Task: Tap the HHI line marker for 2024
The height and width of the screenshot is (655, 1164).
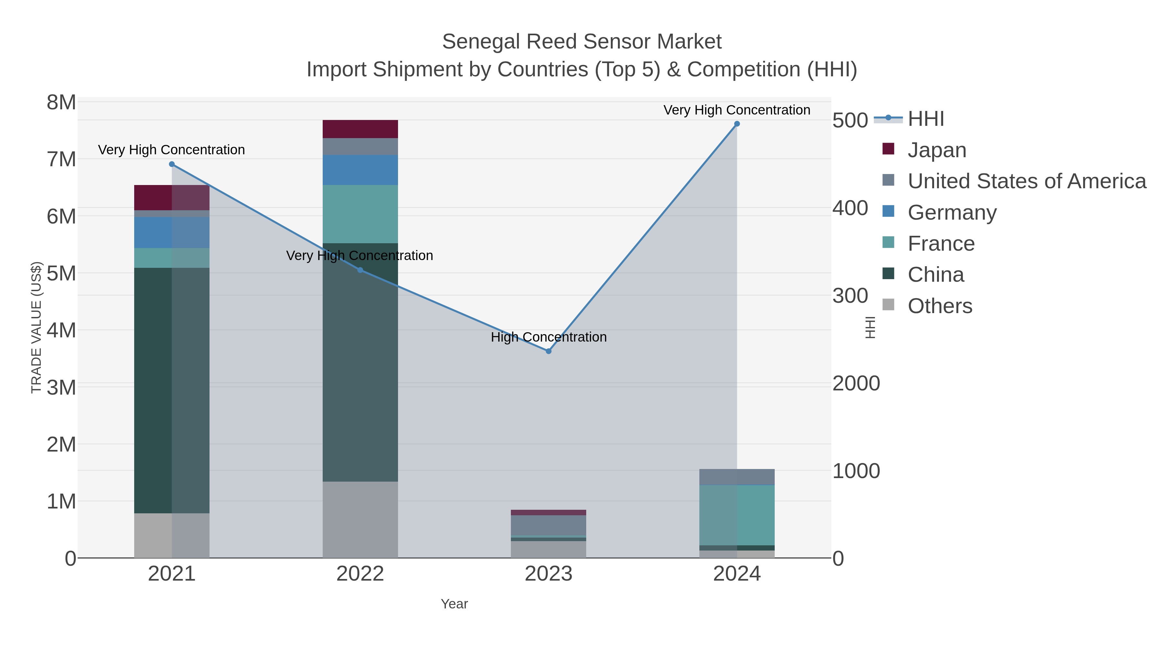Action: pyautogui.click(x=737, y=124)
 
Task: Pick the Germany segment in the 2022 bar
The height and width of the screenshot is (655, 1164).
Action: pyautogui.click(x=360, y=170)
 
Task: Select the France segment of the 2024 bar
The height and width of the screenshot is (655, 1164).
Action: pyautogui.click(x=737, y=515)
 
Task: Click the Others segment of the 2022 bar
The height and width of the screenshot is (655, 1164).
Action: pyautogui.click(x=360, y=520)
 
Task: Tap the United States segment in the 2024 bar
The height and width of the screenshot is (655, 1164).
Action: pyautogui.click(x=737, y=477)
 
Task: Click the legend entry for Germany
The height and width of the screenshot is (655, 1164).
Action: pyautogui.click(x=952, y=213)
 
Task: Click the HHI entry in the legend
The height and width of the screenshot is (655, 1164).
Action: pyautogui.click(x=925, y=119)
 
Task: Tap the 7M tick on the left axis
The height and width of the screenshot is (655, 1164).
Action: pyautogui.click(x=61, y=159)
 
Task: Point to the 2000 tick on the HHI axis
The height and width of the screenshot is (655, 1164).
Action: pyautogui.click(x=856, y=384)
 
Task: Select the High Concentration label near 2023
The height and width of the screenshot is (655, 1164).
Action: pyautogui.click(x=549, y=337)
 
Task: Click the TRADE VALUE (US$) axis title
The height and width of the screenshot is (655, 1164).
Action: pyautogui.click(x=36, y=328)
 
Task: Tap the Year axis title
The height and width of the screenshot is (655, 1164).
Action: pyautogui.click(x=454, y=604)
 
